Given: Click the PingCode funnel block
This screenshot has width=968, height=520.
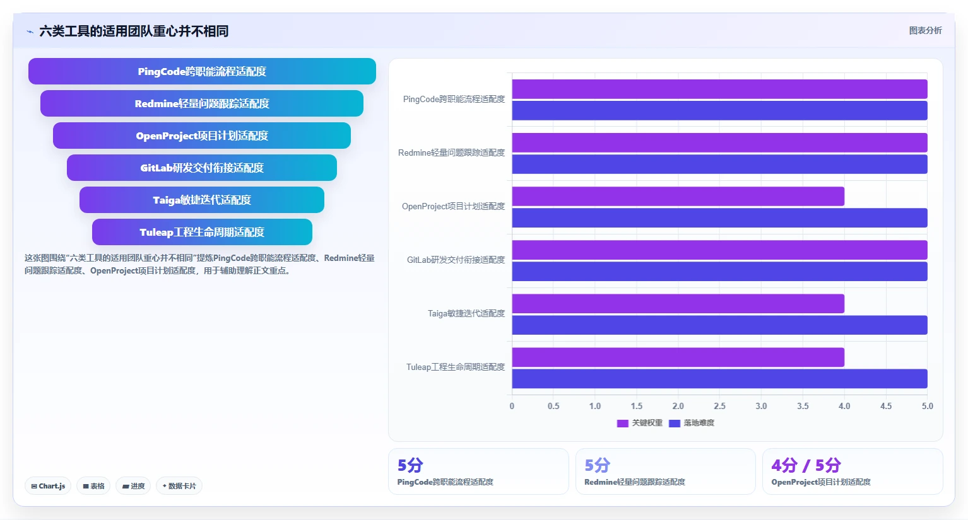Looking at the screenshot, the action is pyautogui.click(x=202, y=71).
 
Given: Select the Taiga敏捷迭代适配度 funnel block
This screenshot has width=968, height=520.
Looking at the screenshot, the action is pyautogui.click(x=202, y=200).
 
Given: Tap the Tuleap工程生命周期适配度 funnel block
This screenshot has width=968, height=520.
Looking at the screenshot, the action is pyautogui.click(x=202, y=232).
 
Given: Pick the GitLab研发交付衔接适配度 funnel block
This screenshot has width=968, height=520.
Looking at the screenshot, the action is pyautogui.click(x=202, y=168).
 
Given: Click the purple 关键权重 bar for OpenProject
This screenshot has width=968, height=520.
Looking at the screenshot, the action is pyautogui.click(x=678, y=197).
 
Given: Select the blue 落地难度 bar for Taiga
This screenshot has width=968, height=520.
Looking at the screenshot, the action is pyautogui.click(x=719, y=325).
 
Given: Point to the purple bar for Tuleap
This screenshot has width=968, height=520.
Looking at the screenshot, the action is pyautogui.click(x=678, y=357).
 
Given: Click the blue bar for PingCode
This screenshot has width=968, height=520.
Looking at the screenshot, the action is pyautogui.click(x=719, y=110).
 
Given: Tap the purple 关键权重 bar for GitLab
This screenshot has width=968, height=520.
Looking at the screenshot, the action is pyautogui.click(x=719, y=250).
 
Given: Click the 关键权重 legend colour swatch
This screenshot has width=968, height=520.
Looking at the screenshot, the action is pyautogui.click(x=622, y=424).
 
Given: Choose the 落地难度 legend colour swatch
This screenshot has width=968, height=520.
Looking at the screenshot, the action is pyautogui.click(x=674, y=424).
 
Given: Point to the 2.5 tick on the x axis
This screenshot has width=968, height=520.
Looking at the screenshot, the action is pyautogui.click(x=719, y=406).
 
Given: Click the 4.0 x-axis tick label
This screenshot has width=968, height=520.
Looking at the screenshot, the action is pyautogui.click(x=844, y=406).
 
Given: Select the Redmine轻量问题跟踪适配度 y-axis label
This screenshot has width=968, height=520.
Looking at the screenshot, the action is pyautogui.click(x=451, y=153).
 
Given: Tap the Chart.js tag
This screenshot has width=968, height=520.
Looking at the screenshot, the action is pyautogui.click(x=48, y=486).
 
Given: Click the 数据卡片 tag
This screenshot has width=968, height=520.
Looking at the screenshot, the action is pyautogui.click(x=179, y=486).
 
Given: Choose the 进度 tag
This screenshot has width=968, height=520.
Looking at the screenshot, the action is pyautogui.click(x=133, y=486).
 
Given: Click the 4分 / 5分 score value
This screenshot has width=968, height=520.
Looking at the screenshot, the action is pyautogui.click(x=806, y=465).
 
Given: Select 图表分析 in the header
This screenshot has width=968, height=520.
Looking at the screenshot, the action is pyautogui.click(x=925, y=31).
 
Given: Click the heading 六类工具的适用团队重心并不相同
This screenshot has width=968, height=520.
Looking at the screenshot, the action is pyautogui.click(x=134, y=31).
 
